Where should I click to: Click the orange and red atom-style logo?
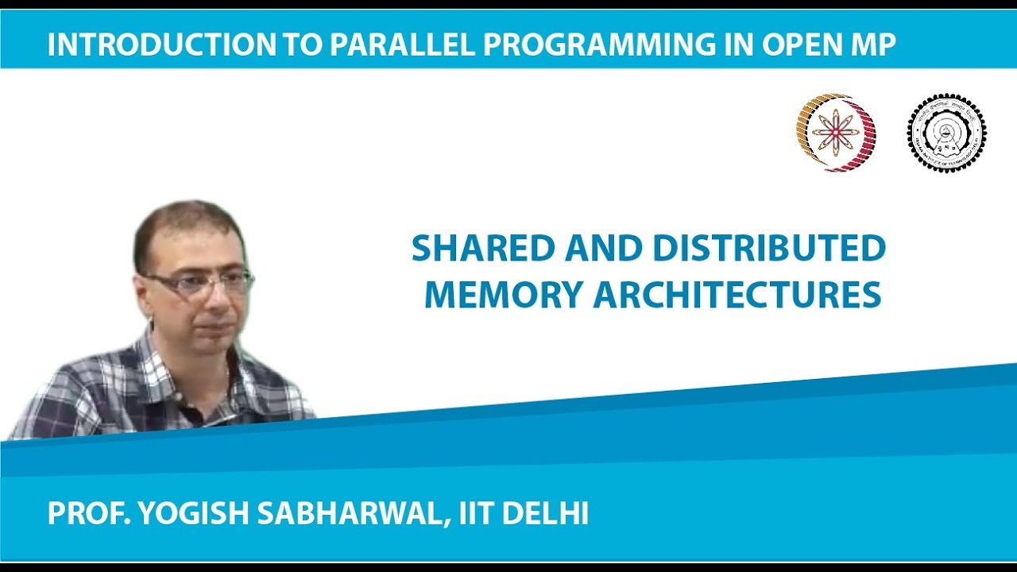coord(836,133)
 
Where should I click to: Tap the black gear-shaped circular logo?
coord(946,133)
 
